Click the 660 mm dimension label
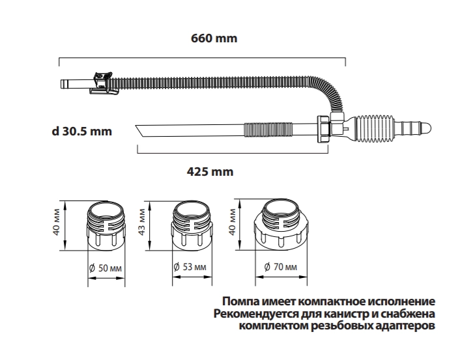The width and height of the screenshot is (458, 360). pyautogui.click(x=214, y=38)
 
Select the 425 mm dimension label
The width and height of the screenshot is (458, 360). pyautogui.click(x=210, y=172)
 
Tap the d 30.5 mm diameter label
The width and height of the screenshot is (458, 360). pyautogui.click(x=82, y=132)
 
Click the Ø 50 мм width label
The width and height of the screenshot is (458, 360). pyautogui.click(x=106, y=268)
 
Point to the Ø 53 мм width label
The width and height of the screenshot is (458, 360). pyautogui.click(x=190, y=267)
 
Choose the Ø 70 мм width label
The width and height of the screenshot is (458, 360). pyautogui.click(x=281, y=267)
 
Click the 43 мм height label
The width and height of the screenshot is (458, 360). pyautogui.click(x=141, y=222)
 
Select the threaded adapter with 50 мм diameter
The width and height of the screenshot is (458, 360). pyautogui.click(x=106, y=226)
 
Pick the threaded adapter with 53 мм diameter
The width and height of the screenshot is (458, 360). pyautogui.click(x=192, y=226)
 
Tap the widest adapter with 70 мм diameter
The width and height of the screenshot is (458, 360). pyautogui.click(x=281, y=224)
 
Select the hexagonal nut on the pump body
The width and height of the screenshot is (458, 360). pyautogui.click(x=324, y=129)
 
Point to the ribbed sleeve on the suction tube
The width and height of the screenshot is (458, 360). pyautogui.click(x=268, y=130)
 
